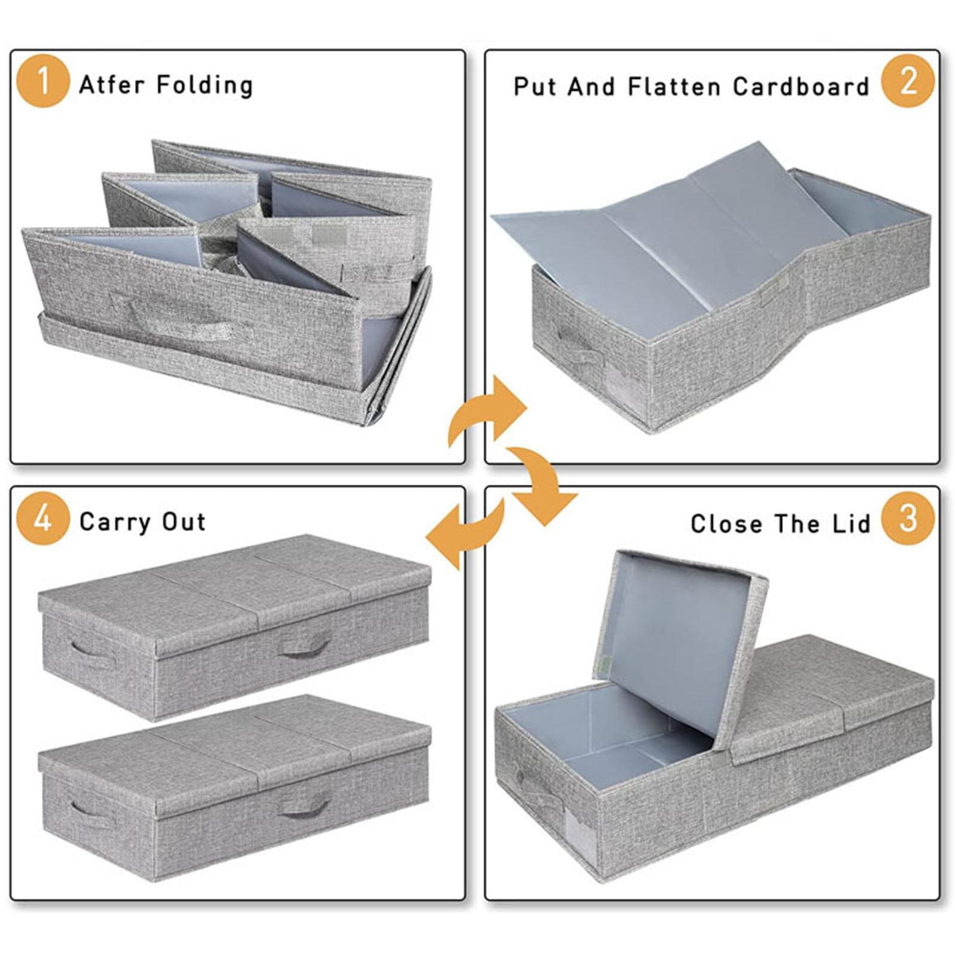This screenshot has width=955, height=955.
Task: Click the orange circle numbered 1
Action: pos(43,81)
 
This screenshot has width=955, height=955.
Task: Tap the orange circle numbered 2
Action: pos(908,81)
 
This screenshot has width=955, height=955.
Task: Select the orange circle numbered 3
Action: pos(908,517)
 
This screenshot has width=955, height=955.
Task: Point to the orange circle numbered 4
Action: pos(43,517)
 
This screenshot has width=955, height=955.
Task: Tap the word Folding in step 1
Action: pos(204,85)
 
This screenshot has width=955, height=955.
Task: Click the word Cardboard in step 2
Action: pos(801,87)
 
